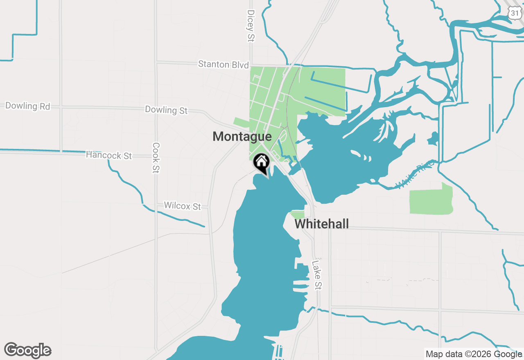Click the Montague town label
coord(242,137)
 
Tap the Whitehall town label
coord(322,224)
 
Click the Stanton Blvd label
coord(223,65)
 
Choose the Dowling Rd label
coord(27,106)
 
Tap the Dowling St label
coord(166,110)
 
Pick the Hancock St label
coord(109,155)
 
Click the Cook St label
coord(156,157)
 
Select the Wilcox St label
coord(182,206)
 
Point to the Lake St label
coord(316,275)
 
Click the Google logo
coord(27,351)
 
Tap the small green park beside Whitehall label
coord(298,214)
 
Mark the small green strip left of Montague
coord(241,123)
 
